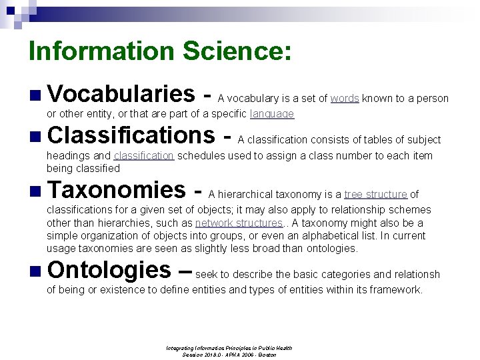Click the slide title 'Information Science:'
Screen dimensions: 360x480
tap(160, 51)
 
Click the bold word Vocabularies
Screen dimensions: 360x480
tap(121, 94)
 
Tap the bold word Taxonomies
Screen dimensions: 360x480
tap(116, 190)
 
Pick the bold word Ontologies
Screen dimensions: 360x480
tap(109, 270)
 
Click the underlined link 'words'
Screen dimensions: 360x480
tap(345, 99)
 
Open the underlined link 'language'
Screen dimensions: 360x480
tap(271, 114)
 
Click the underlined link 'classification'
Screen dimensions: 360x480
tap(144, 156)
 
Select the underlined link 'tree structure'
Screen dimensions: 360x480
tap(375, 195)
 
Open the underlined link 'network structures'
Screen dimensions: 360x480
tap(239, 223)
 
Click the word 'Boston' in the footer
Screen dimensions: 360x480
tap(268, 354)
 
